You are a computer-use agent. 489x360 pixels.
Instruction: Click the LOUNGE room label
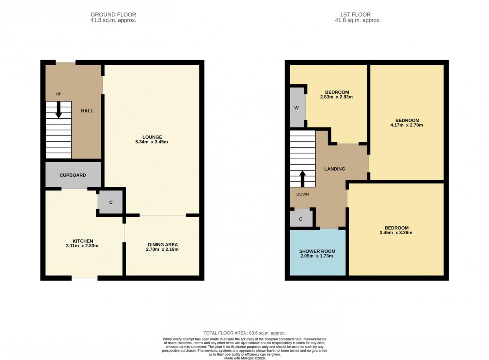pyautogui.click(x=152, y=137)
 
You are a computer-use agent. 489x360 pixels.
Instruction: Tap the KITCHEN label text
pyautogui.click(x=82, y=241)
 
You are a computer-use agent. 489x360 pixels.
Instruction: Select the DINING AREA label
pyautogui.click(x=162, y=244)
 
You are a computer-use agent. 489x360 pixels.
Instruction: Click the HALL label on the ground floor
pyautogui.click(x=87, y=111)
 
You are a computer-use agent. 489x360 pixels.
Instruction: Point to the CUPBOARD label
pyautogui.click(x=73, y=175)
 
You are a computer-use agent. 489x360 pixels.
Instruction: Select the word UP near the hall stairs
pyautogui.click(x=59, y=94)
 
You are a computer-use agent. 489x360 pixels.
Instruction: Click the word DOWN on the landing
pyautogui.click(x=302, y=195)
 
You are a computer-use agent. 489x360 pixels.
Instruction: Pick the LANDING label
pyautogui.click(x=334, y=169)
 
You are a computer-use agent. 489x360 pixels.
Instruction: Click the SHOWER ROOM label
pyautogui.click(x=317, y=251)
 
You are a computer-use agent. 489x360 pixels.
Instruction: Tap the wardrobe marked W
pyautogui.click(x=296, y=107)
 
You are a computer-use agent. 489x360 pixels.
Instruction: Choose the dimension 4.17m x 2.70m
pyautogui.click(x=407, y=125)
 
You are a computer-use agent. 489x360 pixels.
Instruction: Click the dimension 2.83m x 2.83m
pyautogui.click(x=337, y=97)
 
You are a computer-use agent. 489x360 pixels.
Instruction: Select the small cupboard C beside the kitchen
pyautogui.click(x=110, y=202)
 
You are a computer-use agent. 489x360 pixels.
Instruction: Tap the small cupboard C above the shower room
pyautogui.click(x=301, y=219)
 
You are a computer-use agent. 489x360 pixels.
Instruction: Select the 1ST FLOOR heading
pyautogui.click(x=358, y=15)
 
